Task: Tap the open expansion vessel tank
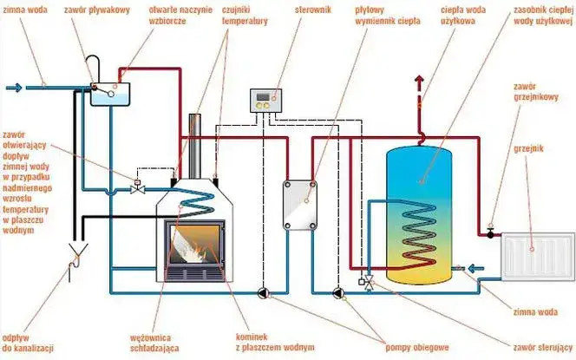point(110,94)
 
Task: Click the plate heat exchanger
point(300,205)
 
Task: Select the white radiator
point(538,257)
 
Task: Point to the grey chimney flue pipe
point(194,147)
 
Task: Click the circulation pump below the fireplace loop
point(264,293)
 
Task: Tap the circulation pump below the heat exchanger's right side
point(337,293)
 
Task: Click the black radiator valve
point(490,233)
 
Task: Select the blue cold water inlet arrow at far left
point(15,88)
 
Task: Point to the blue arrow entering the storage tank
point(476,269)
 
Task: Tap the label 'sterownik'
point(312,10)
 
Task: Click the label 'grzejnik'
point(528,148)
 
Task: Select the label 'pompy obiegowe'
point(417,347)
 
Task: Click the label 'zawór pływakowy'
point(97,10)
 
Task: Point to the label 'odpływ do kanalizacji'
point(28,343)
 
